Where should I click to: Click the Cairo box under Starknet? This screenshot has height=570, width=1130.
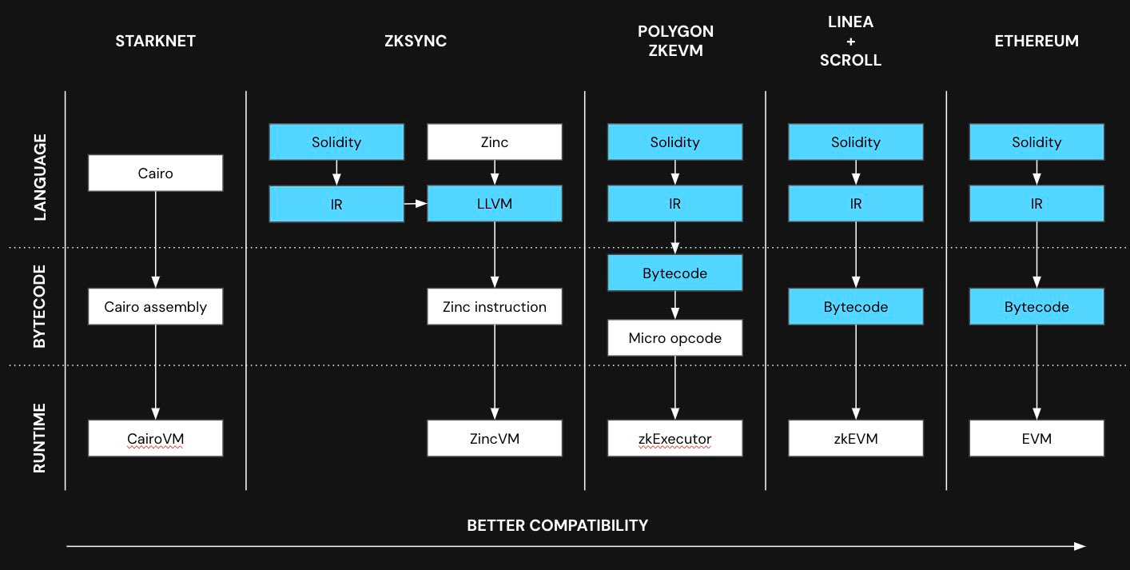(x=155, y=173)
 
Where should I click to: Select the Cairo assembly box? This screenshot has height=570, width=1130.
(x=155, y=306)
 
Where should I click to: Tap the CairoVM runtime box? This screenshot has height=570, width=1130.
(x=155, y=438)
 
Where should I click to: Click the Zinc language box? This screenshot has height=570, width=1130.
(x=495, y=142)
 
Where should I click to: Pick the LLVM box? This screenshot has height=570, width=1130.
(x=495, y=204)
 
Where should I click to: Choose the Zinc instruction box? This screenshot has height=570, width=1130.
(x=495, y=306)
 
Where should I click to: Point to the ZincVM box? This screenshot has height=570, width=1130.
(x=495, y=438)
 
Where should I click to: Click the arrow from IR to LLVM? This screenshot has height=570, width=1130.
(x=416, y=204)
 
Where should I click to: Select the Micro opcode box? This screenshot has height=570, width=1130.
(x=675, y=337)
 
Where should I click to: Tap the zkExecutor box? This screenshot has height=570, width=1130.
(x=675, y=438)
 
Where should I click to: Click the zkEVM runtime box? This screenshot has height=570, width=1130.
(x=856, y=438)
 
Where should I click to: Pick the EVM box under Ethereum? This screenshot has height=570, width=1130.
(x=1036, y=438)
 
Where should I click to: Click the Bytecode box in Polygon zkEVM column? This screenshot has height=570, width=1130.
(x=675, y=273)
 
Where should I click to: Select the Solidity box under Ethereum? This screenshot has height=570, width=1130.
(x=1036, y=142)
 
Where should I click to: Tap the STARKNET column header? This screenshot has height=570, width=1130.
(x=155, y=41)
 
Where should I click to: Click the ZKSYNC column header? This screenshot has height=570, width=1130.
(x=415, y=41)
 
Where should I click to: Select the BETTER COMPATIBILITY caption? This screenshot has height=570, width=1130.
(x=557, y=525)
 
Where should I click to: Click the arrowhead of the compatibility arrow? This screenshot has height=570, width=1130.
(x=1080, y=547)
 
